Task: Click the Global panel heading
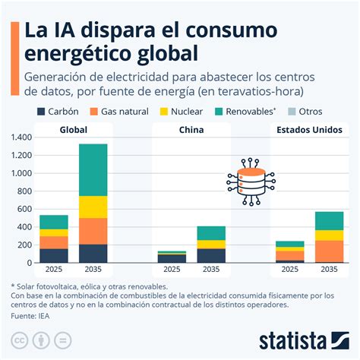pyautogui.click(x=74, y=129)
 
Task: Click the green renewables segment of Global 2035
pyautogui.click(x=93, y=169)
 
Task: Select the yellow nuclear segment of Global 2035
pyautogui.click(x=93, y=207)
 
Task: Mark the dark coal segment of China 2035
pyautogui.click(x=212, y=255)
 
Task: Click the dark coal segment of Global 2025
pyautogui.click(x=54, y=255)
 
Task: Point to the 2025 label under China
pyautogui.click(x=172, y=269)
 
